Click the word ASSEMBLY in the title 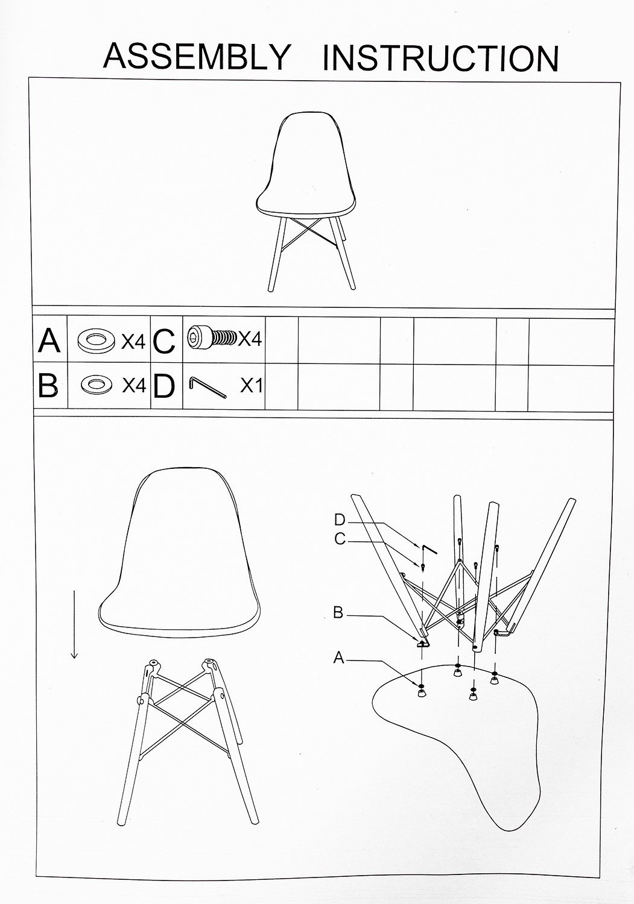coord(197,56)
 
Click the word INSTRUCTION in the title coord(441,58)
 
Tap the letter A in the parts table coord(49,341)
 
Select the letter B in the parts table coord(48,386)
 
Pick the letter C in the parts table coord(164,341)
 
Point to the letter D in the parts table coord(164,387)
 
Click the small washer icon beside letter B coord(95,385)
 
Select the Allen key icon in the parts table coord(208,388)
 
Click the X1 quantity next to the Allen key coord(252,386)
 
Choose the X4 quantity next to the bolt coord(250,339)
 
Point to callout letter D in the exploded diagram coord(340,519)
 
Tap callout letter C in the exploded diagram coord(340,539)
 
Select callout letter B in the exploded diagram coord(338,613)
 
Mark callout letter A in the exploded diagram coord(338,658)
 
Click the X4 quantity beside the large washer coord(133,342)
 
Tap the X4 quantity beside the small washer coord(134,386)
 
